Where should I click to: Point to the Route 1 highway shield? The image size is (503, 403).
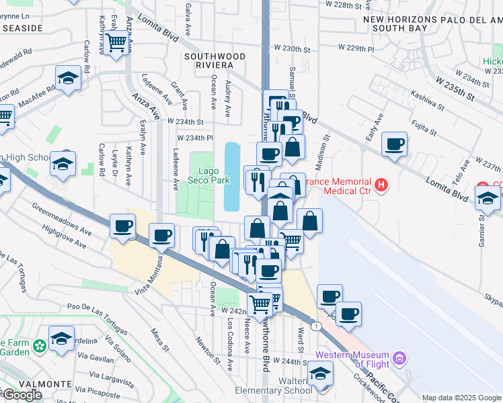(315, 326)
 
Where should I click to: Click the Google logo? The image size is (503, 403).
(22, 395)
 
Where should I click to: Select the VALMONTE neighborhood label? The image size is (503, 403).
(26, 384)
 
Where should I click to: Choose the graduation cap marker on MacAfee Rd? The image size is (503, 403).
(68, 79)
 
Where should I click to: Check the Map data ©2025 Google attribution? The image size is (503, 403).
(461, 398)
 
